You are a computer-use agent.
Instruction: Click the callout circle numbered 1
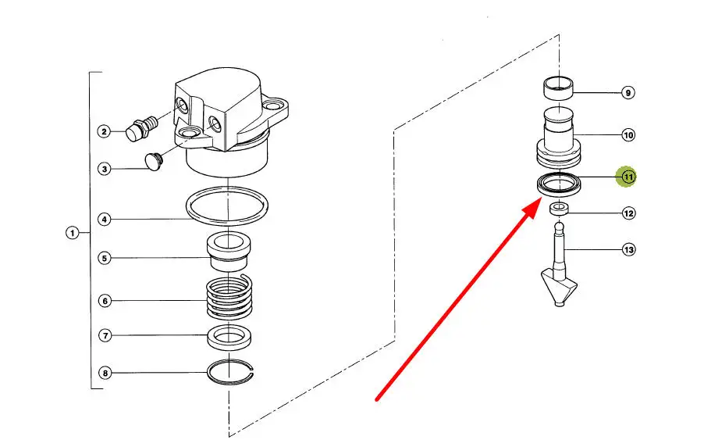[x=73, y=233]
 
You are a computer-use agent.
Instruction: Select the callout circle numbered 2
[x=104, y=131]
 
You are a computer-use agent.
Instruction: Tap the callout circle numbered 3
[x=104, y=169]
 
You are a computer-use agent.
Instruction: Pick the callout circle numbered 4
[x=104, y=220]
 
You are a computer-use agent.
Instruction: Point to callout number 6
[x=105, y=301]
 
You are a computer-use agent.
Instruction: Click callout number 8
[x=105, y=373]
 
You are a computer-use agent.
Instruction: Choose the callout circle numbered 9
[x=628, y=93]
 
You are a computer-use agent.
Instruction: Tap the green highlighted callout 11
[x=628, y=177]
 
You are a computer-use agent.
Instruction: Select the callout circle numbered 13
[x=628, y=249]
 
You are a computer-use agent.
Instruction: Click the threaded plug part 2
[x=141, y=127]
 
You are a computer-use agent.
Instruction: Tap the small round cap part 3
[x=154, y=162]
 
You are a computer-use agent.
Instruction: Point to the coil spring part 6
[x=229, y=298]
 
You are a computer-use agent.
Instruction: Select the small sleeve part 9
[x=559, y=88]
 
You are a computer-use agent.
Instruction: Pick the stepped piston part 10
[x=559, y=138]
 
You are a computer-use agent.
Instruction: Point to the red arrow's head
[x=533, y=209]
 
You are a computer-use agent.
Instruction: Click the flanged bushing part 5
[x=229, y=252]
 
